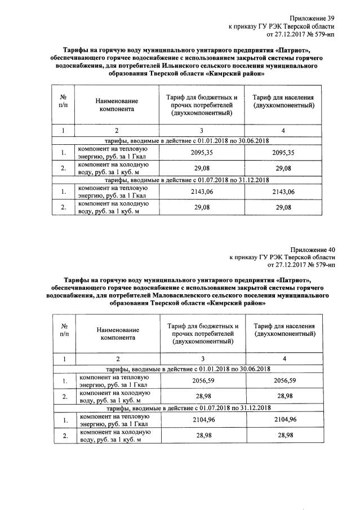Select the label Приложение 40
[312, 249]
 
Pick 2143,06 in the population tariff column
[283, 192]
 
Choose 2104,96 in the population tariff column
[284, 420]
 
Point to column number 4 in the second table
[284, 359]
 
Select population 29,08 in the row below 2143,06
[283, 207]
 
